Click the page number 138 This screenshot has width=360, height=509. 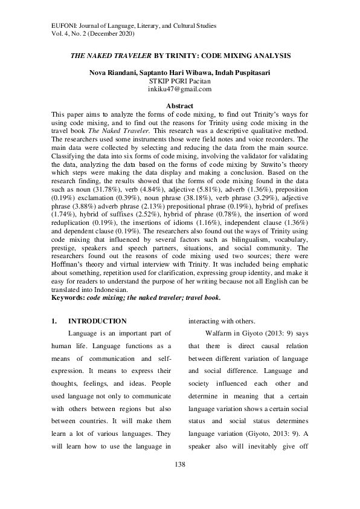(179, 464)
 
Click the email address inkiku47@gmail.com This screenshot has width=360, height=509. (179, 89)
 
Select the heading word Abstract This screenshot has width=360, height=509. (179, 106)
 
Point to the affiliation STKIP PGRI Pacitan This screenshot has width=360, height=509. (179, 80)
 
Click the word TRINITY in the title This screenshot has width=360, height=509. (184, 56)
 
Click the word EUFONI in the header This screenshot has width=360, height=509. (59, 26)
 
